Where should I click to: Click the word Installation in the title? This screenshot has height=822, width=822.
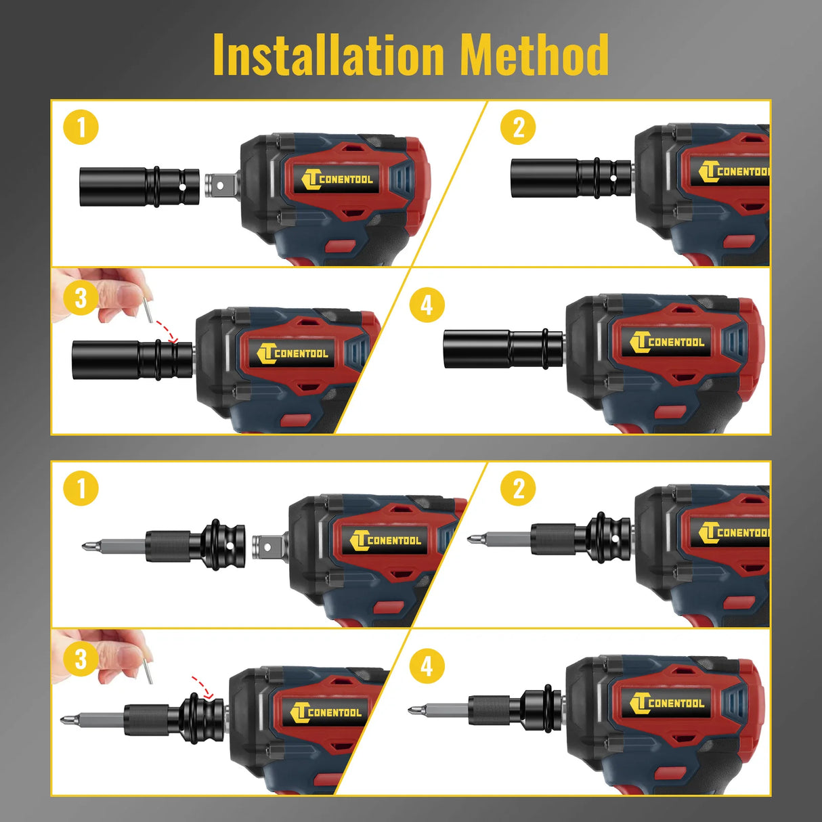tap(328, 55)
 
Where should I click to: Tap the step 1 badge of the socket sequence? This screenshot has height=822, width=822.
tap(81, 127)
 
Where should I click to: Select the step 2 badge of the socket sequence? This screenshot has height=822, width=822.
tap(518, 127)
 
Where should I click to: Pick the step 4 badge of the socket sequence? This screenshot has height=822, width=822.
tap(427, 305)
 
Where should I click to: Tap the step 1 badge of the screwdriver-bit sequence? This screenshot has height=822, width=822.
tap(81, 488)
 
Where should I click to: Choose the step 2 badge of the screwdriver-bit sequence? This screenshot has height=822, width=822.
tap(518, 488)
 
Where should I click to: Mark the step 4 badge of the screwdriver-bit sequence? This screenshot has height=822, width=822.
tap(427, 666)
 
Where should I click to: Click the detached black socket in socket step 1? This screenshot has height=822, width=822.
tap(139, 187)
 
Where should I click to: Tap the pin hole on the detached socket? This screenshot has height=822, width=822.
tap(183, 188)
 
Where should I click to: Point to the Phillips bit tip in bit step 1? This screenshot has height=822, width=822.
tap(87, 546)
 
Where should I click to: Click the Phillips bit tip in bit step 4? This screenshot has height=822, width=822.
tap(413, 710)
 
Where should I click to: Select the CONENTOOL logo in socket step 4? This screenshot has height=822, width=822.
tap(667, 342)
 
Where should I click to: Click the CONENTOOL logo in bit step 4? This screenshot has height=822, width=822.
tap(667, 703)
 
